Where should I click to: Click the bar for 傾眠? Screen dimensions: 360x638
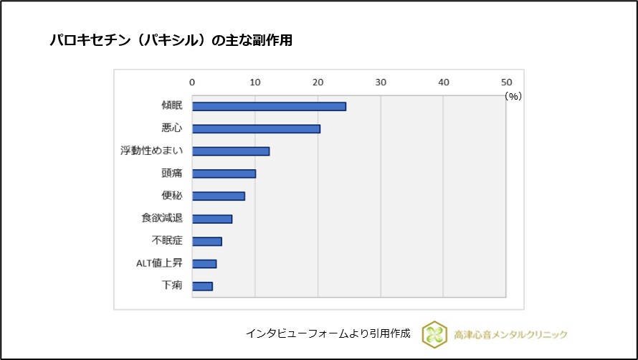pyautogui.click(x=269, y=106)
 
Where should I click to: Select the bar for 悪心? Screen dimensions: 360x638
pyautogui.click(x=256, y=128)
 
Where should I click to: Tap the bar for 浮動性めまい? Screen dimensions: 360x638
pyautogui.click(x=231, y=151)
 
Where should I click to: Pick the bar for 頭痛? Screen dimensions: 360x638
pyautogui.click(x=224, y=174)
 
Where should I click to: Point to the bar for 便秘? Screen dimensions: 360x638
pyautogui.click(x=219, y=196)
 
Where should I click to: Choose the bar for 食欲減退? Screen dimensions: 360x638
pyautogui.click(x=212, y=219)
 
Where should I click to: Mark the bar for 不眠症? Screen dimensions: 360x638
pyautogui.click(x=207, y=241)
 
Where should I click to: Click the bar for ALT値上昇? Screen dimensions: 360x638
pyautogui.click(x=204, y=264)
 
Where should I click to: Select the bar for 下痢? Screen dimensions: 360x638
pyautogui.click(x=202, y=286)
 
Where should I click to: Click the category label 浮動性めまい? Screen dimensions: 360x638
pyautogui.click(x=151, y=151)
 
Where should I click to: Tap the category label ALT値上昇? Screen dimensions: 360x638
pyautogui.click(x=159, y=263)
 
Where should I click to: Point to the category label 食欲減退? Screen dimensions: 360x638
pyautogui.click(x=161, y=218)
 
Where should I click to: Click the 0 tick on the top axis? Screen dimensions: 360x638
pyautogui.click(x=192, y=82)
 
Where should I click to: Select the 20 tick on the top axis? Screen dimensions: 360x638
pyautogui.click(x=318, y=82)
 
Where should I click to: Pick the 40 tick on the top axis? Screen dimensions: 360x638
pyautogui.click(x=443, y=82)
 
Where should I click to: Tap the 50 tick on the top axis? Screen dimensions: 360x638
pyautogui.click(x=506, y=82)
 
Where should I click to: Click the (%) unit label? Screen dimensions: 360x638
pyautogui.click(x=513, y=95)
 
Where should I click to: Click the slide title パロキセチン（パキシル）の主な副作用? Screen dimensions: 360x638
pyautogui.click(x=171, y=41)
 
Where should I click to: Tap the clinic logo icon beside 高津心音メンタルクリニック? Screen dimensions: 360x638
pyautogui.click(x=434, y=334)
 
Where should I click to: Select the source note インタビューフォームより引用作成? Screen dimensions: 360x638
pyautogui.click(x=328, y=334)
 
